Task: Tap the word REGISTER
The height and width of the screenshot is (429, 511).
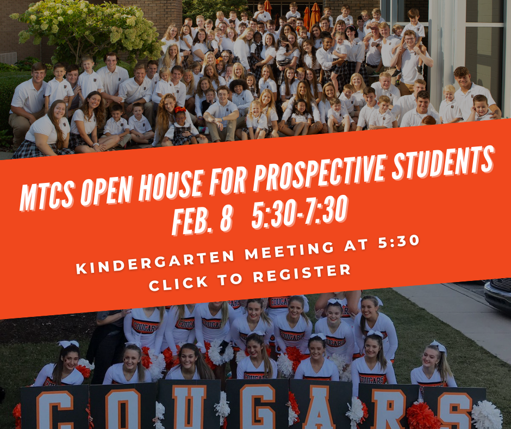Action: [302, 273]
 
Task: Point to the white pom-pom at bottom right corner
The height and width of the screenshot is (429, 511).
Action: [487, 415]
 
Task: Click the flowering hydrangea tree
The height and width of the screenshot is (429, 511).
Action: [88, 29]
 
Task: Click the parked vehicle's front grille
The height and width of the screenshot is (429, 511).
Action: [501, 285]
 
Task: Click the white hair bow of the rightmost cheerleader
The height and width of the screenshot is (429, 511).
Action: [439, 346]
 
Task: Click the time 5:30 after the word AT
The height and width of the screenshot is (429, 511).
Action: [398, 242]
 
